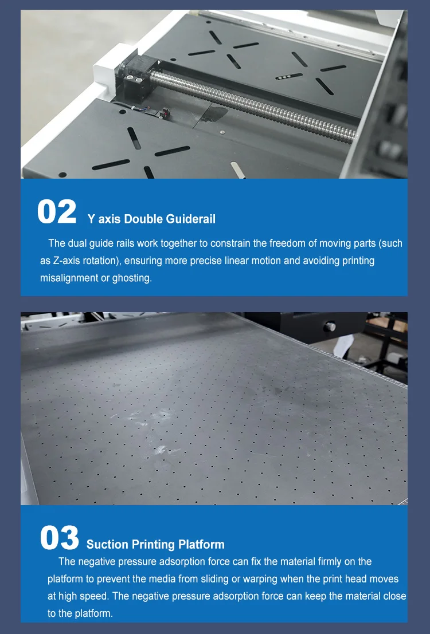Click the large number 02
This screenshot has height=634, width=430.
57,211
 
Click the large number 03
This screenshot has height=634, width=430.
60,538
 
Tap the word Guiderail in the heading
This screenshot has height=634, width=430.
191,219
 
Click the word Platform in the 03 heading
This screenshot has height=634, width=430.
201,545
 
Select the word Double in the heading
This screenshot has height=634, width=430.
143,219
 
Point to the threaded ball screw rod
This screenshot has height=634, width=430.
253,106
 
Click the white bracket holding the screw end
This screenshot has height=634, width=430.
106,69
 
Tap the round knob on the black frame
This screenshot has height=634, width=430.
330,326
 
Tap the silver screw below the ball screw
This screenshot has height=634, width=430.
222,132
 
